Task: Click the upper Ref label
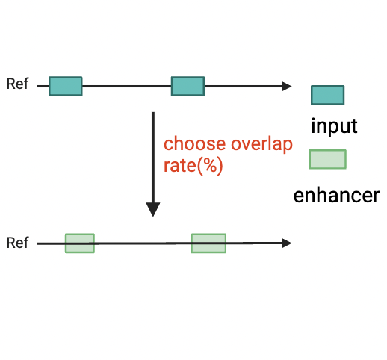pos(17,84)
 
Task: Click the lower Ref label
pos(17,243)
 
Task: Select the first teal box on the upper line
pos(66,86)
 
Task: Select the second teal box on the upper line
pos(188,86)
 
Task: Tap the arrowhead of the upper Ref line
pos(287,86)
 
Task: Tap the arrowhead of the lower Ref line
pos(287,243)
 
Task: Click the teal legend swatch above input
pos(327,95)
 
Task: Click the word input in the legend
pos(334,126)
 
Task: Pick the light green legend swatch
pos(327,159)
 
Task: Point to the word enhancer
pos(336,196)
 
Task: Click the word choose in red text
pos(194,143)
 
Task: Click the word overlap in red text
pos(261,144)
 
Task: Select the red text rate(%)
pos(193,166)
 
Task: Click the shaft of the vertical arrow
pos(153,158)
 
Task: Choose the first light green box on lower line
pos(80,243)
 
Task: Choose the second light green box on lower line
pos(208,243)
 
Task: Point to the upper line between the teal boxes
pos(126,86)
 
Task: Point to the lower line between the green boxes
pos(143,243)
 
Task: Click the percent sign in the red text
pos(210,165)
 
